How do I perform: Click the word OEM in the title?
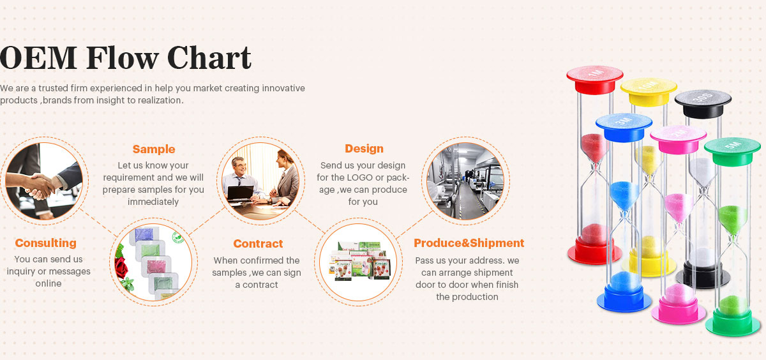click(x=38, y=58)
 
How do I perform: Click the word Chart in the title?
click(x=209, y=57)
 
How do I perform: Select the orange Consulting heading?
click(x=46, y=243)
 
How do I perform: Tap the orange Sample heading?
click(x=154, y=149)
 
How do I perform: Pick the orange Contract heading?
click(x=258, y=244)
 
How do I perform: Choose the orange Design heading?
click(x=364, y=149)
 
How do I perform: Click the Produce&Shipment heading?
click(x=469, y=243)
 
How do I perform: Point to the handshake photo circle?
click(x=44, y=181)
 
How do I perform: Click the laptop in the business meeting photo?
click(x=241, y=193)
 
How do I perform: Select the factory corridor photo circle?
click(x=465, y=181)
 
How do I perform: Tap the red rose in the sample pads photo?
click(x=122, y=267)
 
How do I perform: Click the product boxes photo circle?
click(x=358, y=262)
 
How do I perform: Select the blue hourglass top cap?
click(x=624, y=127)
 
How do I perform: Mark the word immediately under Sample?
click(x=153, y=202)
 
